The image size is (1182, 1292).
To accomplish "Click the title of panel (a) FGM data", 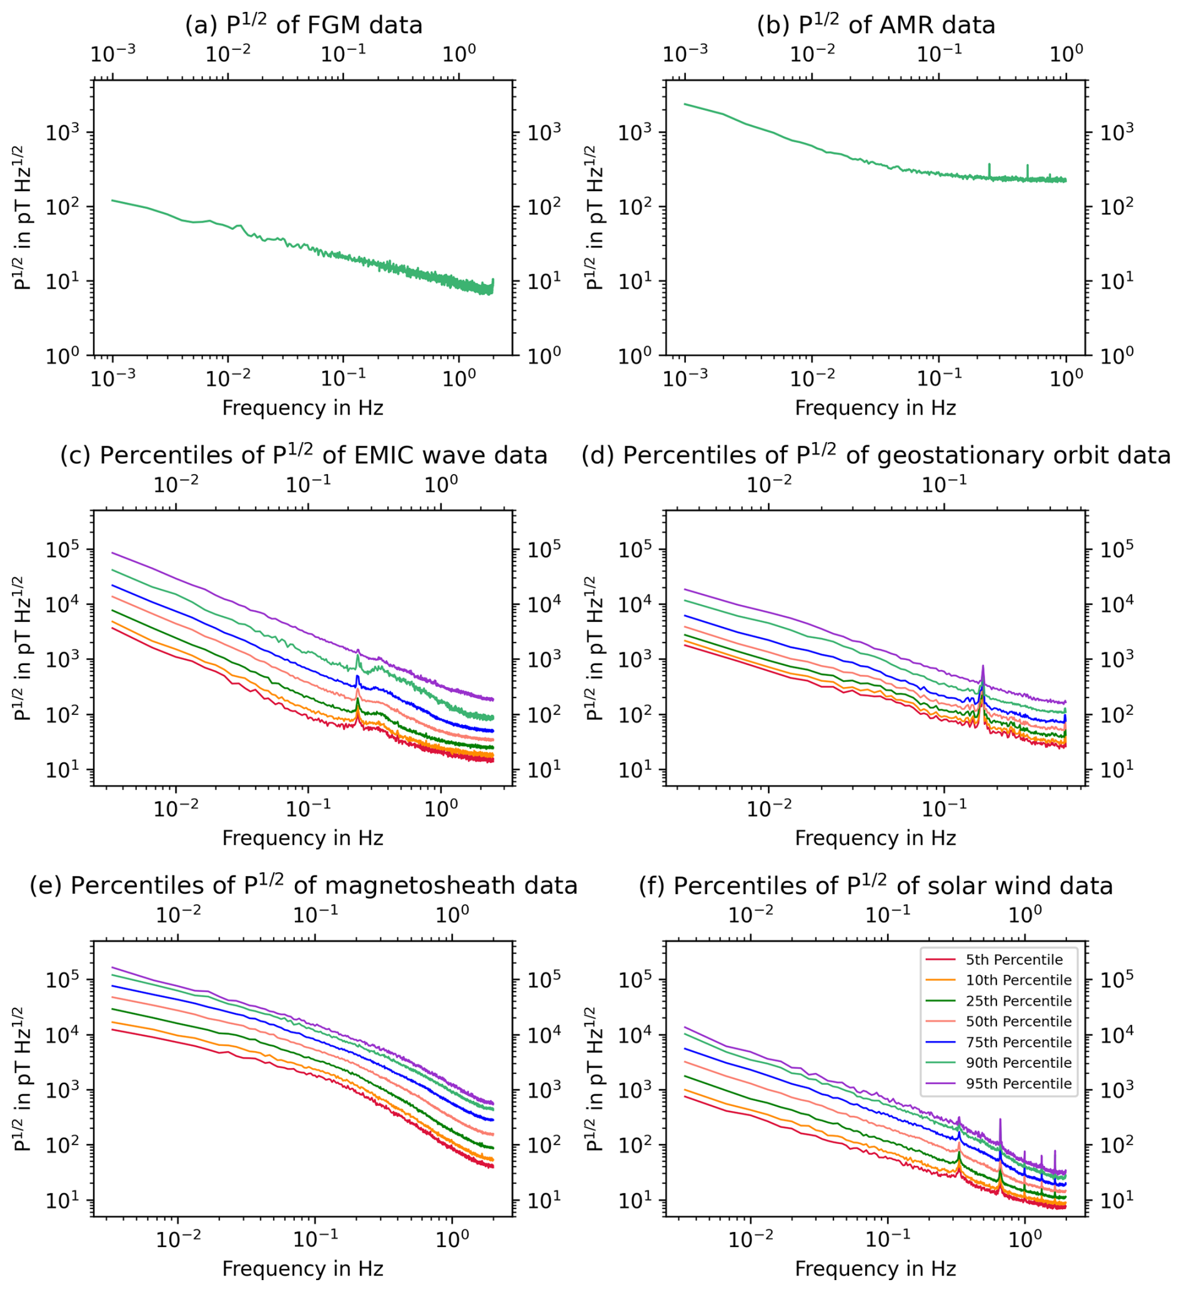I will click(303, 24).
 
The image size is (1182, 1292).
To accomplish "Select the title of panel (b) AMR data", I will click(876, 24).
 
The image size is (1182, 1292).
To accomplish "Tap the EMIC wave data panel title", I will click(303, 455).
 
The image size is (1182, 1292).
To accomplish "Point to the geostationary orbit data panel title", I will click(876, 455).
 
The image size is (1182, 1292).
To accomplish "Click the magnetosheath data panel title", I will click(303, 885).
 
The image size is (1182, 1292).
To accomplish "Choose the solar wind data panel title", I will click(876, 885).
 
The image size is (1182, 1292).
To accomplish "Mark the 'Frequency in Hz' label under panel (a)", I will click(302, 408).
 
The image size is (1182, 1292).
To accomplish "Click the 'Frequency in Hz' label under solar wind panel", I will click(875, 1269).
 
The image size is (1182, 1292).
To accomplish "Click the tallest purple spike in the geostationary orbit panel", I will click(983, 666).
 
